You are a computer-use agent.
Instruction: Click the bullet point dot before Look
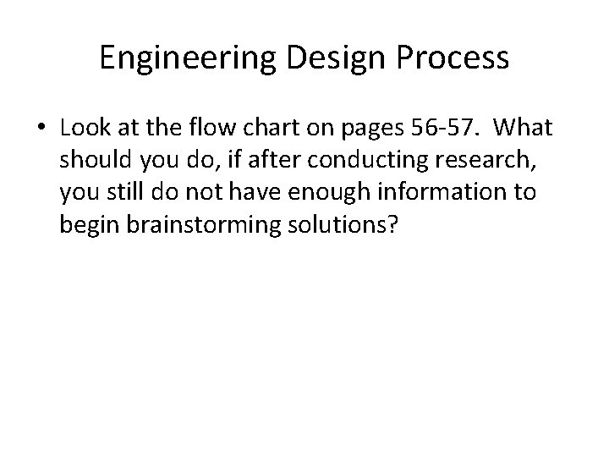coord(41,129)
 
